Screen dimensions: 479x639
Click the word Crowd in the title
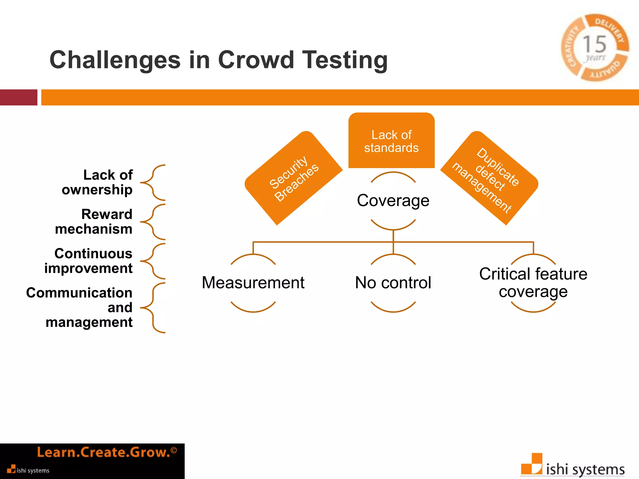pos(256,60)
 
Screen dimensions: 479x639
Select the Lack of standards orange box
pos(391,141)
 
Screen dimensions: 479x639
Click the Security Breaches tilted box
pos(294,178)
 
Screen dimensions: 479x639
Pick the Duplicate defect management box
pos(489,178)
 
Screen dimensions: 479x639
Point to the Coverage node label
pos(393,201)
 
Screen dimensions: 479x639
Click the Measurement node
pos(253,283)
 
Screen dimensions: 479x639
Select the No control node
pos(393,283)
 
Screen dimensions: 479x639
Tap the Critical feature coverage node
pos(533,283)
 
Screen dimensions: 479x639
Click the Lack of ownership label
pos(97,182)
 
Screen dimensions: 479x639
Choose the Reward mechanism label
pos(94,222)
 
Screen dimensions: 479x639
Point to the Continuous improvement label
pos(89,261)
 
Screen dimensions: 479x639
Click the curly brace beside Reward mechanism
pos(153,222)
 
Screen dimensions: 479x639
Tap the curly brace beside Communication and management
pos(153,308)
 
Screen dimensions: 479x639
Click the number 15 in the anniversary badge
pos(594,44)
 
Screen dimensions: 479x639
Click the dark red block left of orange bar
pos(18,97)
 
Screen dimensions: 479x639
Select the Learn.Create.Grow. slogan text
pos(104,452)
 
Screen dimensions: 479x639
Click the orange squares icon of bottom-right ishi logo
pos(532,464)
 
